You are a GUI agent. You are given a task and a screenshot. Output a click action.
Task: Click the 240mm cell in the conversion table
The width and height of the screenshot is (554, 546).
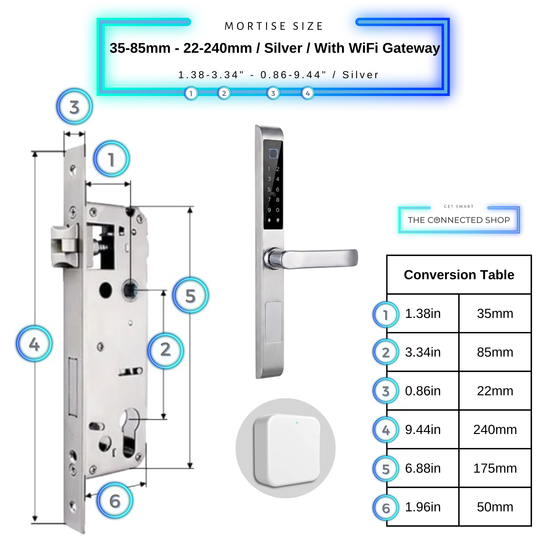click(495, 430)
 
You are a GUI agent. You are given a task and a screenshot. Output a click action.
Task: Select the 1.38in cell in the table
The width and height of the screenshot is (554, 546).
click(423, 313)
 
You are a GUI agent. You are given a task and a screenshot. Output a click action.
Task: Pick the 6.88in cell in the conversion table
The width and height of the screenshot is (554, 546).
click(423, 468)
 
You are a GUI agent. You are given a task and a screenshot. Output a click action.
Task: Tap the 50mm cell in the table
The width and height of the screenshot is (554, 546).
click(495, 507)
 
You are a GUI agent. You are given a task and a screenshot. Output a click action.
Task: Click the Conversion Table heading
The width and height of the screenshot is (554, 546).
click(459, 275)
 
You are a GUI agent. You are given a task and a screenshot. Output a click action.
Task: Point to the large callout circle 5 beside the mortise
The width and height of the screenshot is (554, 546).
click(191, 295)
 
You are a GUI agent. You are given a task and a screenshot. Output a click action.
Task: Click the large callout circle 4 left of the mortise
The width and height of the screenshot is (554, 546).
click(34, 344)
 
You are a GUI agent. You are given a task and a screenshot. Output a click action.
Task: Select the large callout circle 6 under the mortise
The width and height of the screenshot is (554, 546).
click(115, 501)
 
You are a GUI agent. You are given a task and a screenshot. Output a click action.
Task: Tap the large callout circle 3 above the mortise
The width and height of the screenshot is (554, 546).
click(74, 107)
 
